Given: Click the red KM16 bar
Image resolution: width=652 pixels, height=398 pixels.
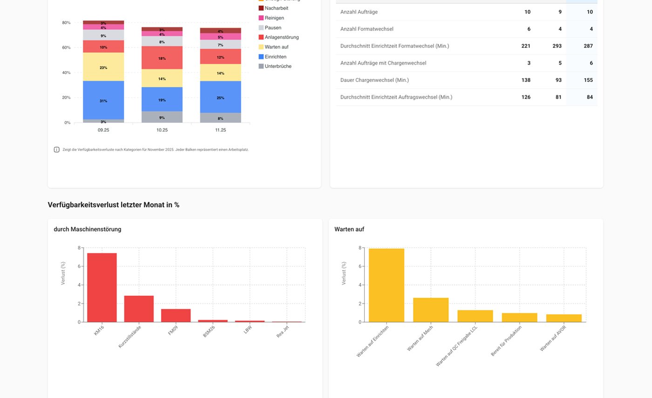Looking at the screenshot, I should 102,287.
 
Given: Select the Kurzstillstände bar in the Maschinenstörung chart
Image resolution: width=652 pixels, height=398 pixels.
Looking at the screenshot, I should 139,309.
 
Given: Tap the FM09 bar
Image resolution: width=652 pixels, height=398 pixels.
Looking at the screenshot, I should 176,315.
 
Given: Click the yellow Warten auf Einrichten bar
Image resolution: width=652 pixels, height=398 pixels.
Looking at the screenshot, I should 386,285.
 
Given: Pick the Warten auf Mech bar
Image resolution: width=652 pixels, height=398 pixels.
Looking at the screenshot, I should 431,310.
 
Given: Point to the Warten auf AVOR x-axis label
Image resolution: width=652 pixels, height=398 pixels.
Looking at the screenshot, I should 553,338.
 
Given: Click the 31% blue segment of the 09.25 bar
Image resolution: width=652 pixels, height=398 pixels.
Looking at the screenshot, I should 103,100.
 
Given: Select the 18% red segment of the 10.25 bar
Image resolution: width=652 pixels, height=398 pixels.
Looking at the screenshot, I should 162,58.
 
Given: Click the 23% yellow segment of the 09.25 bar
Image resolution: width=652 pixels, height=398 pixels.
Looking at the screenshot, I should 103,67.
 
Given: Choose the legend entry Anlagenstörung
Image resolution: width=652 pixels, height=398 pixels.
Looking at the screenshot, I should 281,37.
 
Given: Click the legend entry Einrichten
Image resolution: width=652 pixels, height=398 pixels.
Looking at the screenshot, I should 275,57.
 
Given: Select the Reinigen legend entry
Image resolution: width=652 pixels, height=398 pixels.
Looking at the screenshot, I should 274,18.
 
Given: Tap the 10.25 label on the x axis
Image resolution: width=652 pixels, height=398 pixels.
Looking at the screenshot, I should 162,130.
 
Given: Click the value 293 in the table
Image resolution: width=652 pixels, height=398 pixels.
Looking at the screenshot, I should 557,46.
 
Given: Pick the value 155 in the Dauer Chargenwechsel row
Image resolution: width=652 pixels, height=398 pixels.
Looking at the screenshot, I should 588,80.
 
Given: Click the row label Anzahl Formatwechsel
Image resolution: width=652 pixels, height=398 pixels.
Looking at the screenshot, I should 367,29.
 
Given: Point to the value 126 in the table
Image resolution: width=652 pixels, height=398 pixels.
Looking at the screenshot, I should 525,97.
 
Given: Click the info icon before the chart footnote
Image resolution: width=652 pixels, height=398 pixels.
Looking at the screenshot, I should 56,150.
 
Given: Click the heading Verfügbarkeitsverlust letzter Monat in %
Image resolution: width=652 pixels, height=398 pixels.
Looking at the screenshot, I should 113,205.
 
